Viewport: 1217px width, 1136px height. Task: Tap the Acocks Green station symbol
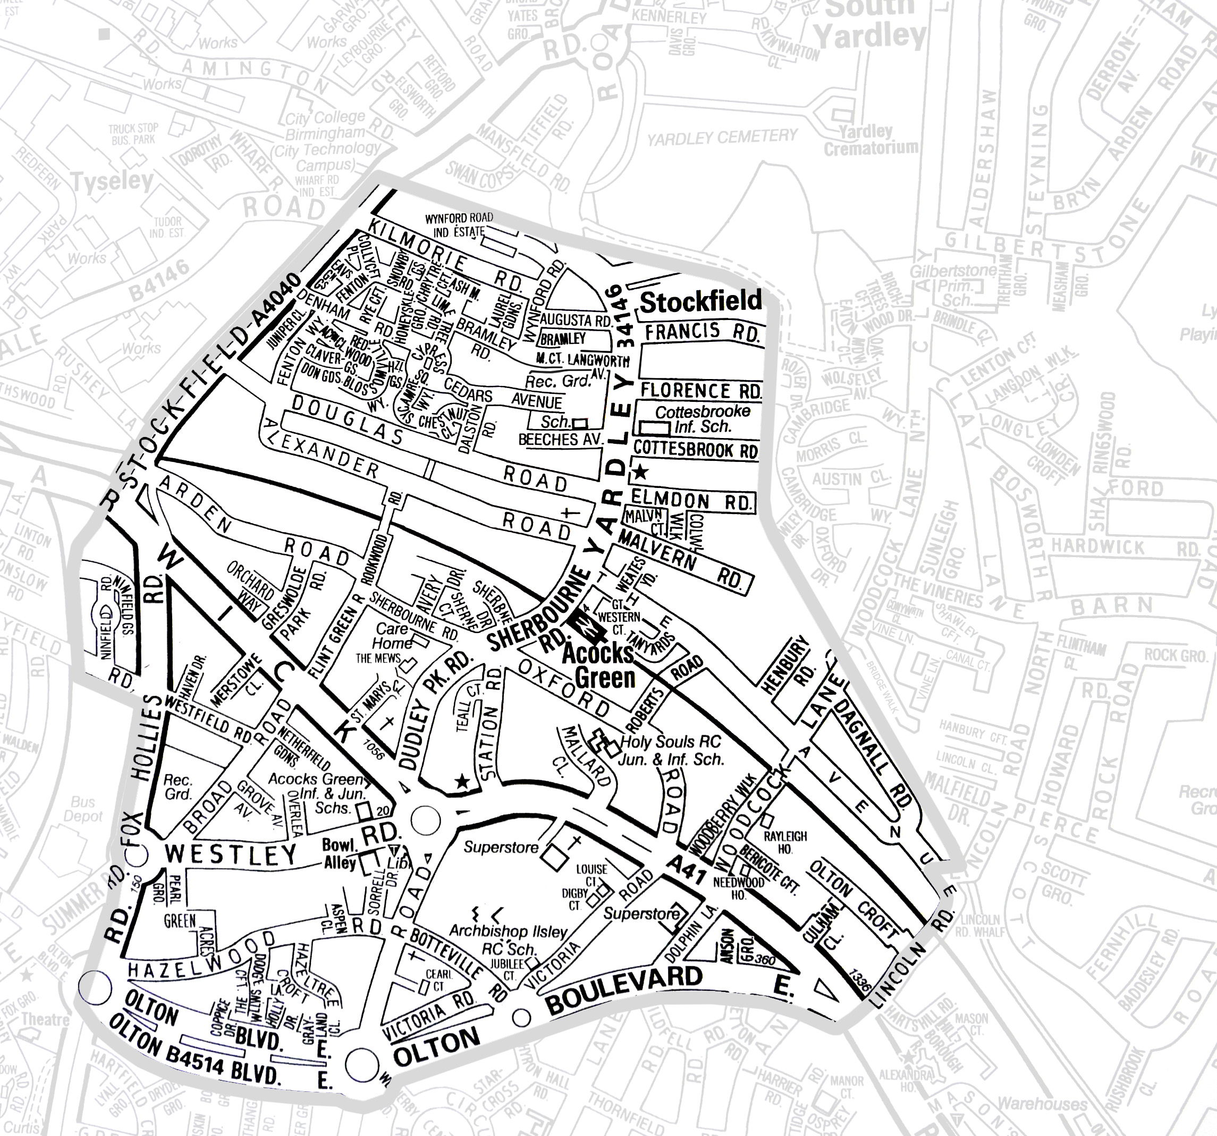tap(579, 628)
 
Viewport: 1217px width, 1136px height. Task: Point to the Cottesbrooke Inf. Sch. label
tap(702, 419)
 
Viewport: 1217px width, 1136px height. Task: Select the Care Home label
tap(393, 636)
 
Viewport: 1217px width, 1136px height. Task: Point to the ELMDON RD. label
tap(691, 501)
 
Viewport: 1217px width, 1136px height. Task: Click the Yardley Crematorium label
tap(870, 140)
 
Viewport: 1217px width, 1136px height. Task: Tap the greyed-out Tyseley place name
tap(112, 181)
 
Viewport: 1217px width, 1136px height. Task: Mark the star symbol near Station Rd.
tap(463, 781)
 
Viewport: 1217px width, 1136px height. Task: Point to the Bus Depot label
tap(83, 809)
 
